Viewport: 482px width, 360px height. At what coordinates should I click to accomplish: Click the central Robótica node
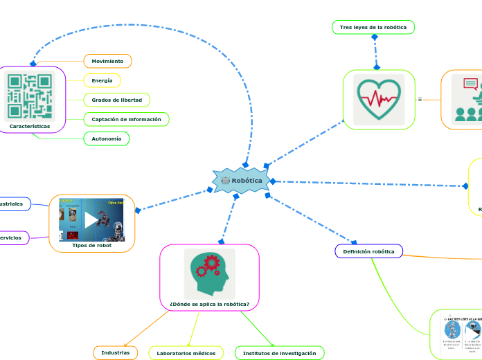coord(240,181)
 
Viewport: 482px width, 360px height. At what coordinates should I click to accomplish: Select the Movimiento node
coord(107,61)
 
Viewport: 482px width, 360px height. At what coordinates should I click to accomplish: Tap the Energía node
coord(102,80)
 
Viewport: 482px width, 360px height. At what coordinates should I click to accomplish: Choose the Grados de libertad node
coord(116,100)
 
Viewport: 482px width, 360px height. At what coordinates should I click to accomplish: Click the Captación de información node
coord(126,119)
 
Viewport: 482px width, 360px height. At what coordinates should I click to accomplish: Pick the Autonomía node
coord(106,138)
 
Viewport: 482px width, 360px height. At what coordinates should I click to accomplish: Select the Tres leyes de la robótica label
coord(373,27)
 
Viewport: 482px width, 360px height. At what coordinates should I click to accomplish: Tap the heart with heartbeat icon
coord(379,100)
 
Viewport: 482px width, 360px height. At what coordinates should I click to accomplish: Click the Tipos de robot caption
coord(91,245)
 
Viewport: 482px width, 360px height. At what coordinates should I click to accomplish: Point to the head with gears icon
coord(209,273)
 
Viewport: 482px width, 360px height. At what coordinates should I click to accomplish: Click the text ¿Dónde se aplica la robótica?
coord(209,304)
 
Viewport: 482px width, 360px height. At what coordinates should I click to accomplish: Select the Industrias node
coord(115,352)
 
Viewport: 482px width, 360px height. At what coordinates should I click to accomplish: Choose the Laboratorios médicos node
coord(186,353)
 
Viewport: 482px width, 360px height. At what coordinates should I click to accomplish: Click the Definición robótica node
coord(368,251)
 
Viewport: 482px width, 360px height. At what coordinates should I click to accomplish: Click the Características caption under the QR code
coord(30,126)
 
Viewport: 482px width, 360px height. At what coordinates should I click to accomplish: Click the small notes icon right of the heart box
coord(420,100)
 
